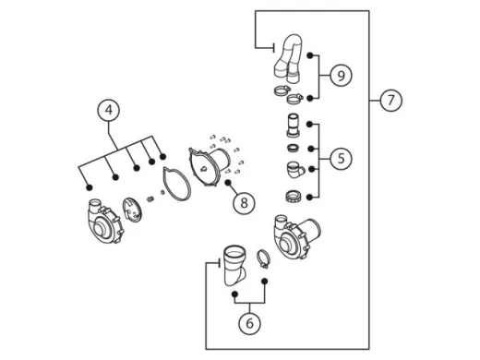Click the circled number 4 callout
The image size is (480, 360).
pos(109,110)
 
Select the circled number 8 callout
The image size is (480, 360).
pos(244,203)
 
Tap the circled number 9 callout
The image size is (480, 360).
pos(341,76)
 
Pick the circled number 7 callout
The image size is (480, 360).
pos(390,101)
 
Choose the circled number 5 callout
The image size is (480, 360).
pos(341,159)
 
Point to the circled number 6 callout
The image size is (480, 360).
pos(249,323)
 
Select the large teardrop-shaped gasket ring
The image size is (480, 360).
pos(176,184)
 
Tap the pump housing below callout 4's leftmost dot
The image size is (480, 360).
pos(105,221)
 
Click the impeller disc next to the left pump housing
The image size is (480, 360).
pos(132,210)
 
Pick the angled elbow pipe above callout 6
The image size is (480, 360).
pos(234,265)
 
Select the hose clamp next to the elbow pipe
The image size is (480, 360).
pos(263,258)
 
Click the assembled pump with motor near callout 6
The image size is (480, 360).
pos(296,236)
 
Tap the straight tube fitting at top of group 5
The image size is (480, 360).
pos(293,126)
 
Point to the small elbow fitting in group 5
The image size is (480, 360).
pos(295,170)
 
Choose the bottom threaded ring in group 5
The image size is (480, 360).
pos(293,196)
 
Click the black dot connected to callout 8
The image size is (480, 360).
pos(228,183)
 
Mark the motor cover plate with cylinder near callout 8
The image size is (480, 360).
pos(210,167)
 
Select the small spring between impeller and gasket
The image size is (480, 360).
pos(150,198)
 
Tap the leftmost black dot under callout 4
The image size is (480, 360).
pos(90,187)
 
